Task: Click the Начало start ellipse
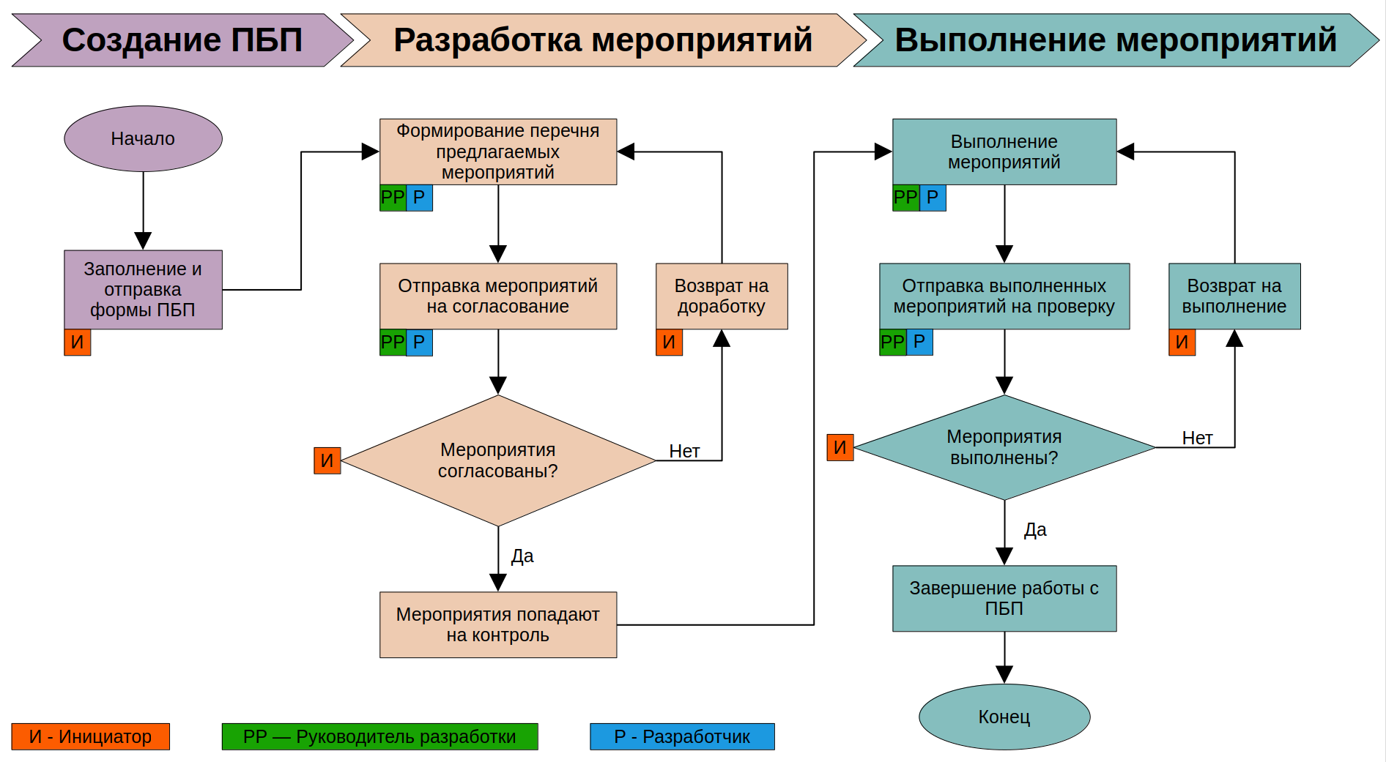pyautogui.click(x=143, y=138)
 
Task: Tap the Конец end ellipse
pyautogui.click(x=1004, y=717)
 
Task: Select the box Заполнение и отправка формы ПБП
pyautogui.click(x=143, y=289)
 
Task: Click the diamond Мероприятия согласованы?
pyautogui.click(x=498, y=460)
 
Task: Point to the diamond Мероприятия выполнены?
pyautogui.click(x=1004, y=447)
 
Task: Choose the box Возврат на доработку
pyautogui.click(x=722, y=296)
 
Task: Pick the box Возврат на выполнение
pyautogui.click(x=1234, y=296)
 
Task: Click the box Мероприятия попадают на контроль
pyautogui.click(x=498, y=624)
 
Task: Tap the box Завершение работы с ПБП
pyautogui.click(x=1004, y=598)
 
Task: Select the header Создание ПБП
pyautogui.click(x=182, y=40)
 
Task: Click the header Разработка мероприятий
pyautogui.click(x=602, y=40)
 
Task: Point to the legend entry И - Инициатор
pyautogui.click(x=90, y=736)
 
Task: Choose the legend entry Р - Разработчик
pyautogui.click(x=682, y=736)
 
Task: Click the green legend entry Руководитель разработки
pyautogui.click(x=379, y=736)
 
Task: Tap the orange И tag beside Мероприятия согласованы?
pyautogui.click(x=327, y=460)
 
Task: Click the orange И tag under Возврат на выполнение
pyautogui.click(x=1182, y=342)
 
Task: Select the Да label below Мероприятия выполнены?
pyautogui.click(x=1035, y=529)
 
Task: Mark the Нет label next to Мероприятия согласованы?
pyautogui.click(x=684, y=451)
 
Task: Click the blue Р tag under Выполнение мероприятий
pyautogui.click(x=933, y=198)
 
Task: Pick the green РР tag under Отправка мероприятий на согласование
pyautogui.click(x=393, y=342)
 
